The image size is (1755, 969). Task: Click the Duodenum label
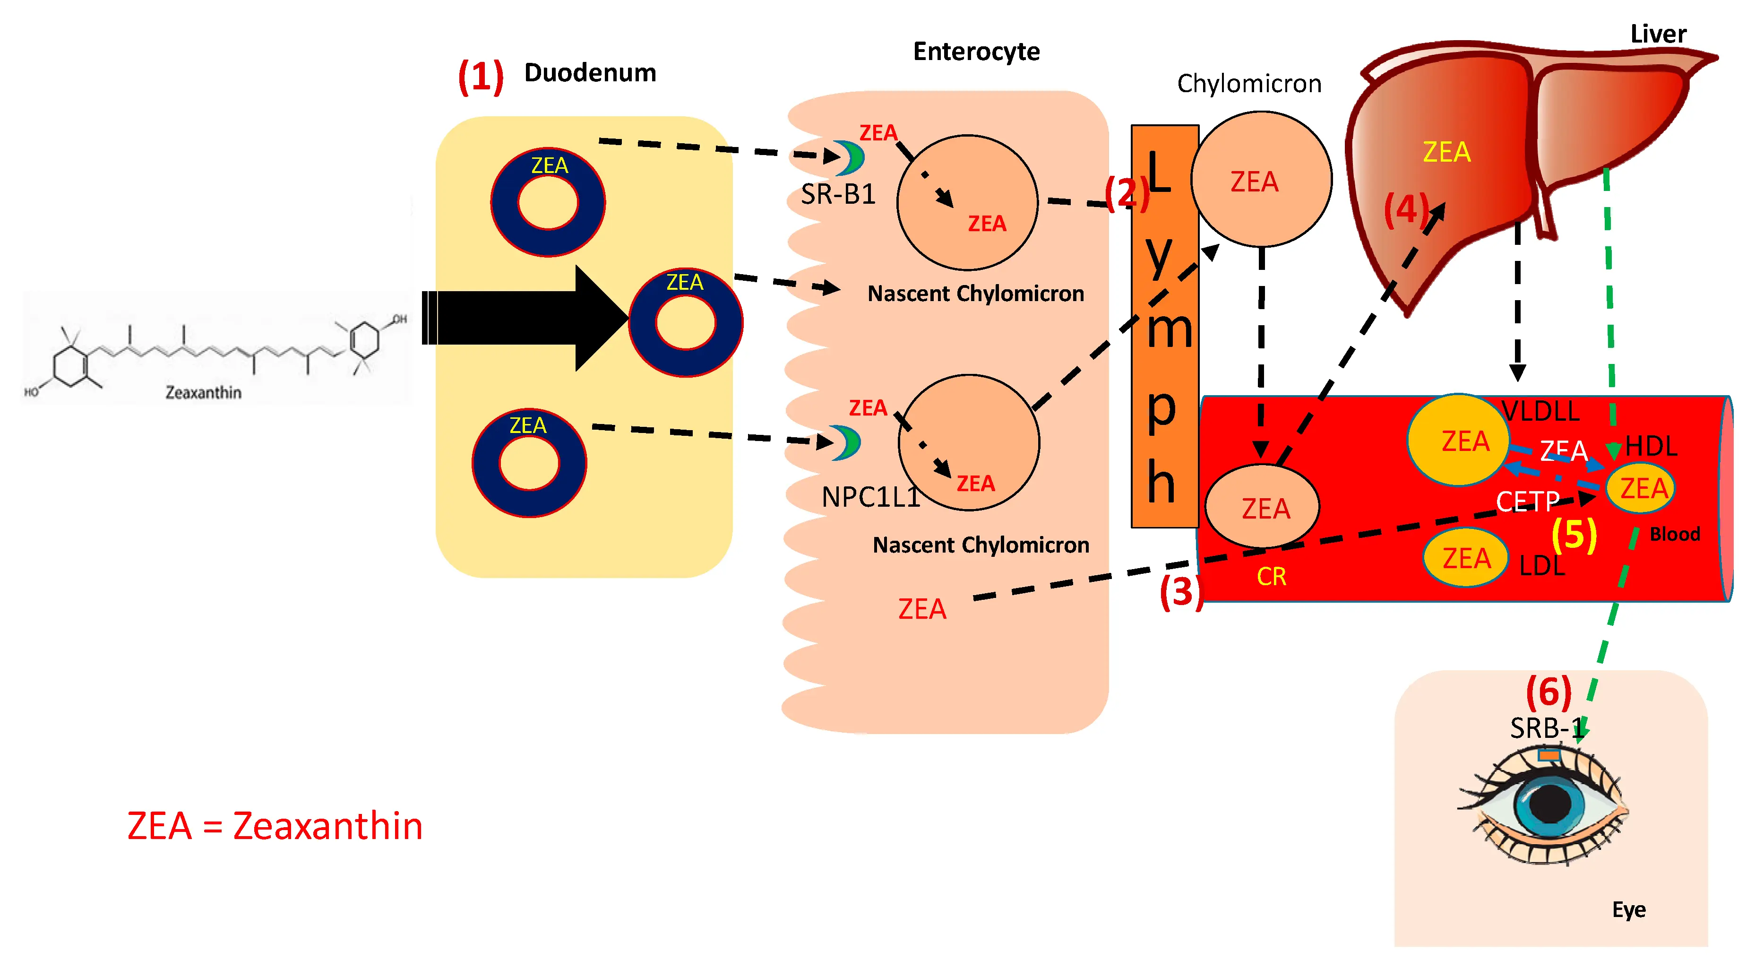pyautogui.click(x=590, y=73)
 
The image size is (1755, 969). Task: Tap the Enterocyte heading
pyautogui.click(x=976, y=52)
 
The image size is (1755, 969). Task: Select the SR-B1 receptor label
pyautogui.click(x=838, y=195)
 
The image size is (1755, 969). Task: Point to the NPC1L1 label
pyautogui.click(x=870, y=497)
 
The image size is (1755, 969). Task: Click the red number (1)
pyautogui.click(x=480, y=76)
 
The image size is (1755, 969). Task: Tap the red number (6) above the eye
pyautogui.click(x=1548, y=692)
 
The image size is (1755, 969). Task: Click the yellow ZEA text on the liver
pyautogui.click(x=1446, y=152)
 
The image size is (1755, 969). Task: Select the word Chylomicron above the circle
pyautogui.click(x=1249, y=84)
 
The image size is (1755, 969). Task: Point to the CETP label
pyautogui.click(x=1527, y=502)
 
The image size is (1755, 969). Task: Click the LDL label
pyautogui.click(x=1542, y=566)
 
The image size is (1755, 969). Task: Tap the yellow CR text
pyautogui.click(x=1271, y=577)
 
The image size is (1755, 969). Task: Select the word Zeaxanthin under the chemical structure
pyautogui.click(x=203, y=392)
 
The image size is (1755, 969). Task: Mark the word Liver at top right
pyautogui.click(x=1658, y=34)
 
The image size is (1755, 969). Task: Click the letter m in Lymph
pyautogui.click(x=1169, y=330)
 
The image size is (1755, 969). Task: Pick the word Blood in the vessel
pyautogui.click(x=1674, y=534)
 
